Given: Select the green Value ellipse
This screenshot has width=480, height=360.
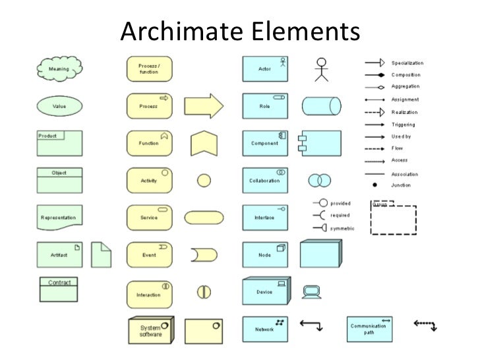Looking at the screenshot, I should tap(58, 105).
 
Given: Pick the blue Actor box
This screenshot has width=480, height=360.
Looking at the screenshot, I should tap(265, 68).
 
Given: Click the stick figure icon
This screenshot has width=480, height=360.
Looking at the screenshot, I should tap(321, 69).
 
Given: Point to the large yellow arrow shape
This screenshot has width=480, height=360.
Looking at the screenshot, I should tap(204, 105).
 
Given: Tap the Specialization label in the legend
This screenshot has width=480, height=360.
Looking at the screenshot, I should tap(409, 63).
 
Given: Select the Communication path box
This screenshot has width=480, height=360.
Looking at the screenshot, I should tap(370, 328).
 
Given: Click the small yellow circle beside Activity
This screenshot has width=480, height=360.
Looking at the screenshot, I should tap(204, 180).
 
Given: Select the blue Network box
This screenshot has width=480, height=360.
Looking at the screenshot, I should tap(265, 328).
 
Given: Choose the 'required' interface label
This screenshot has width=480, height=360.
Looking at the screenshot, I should tap(340, 216).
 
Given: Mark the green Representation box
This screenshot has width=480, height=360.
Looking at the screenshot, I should tap(59, 217).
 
